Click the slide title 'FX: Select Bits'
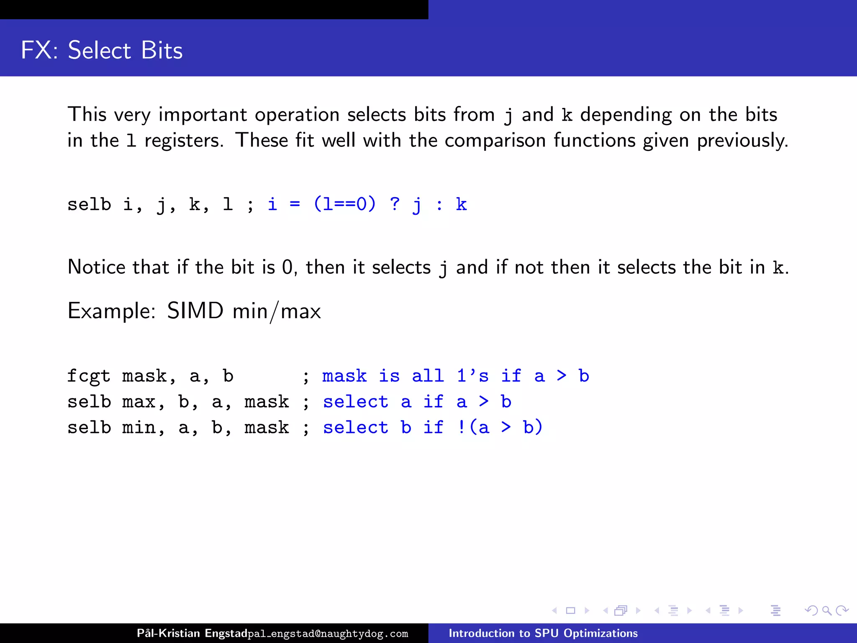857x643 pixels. coord(102,50)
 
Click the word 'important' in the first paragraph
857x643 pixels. coord(203,115)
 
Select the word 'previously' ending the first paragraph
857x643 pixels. coord(742,141)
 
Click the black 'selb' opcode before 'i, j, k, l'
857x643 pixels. coord(89,205)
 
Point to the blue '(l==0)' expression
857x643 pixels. coord(344,204)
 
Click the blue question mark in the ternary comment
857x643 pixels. coord(395,204)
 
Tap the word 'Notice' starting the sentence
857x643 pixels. coord(96,267)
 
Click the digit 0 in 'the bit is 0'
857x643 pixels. coord(287,267)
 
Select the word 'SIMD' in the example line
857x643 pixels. coord(195,311)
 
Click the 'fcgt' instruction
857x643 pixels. coord(89,376)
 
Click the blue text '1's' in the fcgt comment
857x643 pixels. coord(472,376)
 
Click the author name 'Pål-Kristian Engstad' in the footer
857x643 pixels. coord(192,633)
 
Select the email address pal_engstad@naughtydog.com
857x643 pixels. coord(328,634)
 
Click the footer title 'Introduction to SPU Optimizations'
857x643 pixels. coord(543,633)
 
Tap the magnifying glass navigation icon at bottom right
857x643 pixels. coord(826,611)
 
